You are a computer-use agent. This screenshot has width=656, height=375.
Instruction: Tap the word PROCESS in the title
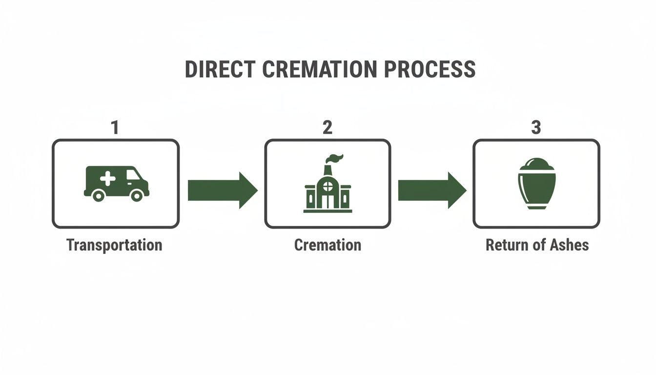(x=430, y=69)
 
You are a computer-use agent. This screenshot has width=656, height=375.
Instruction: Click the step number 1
(x=115, y=127)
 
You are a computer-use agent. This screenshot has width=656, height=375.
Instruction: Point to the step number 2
(x=328, y=127)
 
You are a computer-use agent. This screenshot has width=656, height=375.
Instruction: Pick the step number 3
(x=536, y=127)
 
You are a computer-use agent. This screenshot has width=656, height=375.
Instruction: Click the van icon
(x=116, y=184)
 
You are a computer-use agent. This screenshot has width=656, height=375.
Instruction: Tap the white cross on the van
(x=108, y=178)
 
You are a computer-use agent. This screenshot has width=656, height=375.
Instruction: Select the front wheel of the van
(x=137, y=195)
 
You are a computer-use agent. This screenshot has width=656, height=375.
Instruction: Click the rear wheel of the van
(x=98, y=195)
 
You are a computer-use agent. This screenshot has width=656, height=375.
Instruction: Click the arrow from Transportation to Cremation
(x=222, y=190)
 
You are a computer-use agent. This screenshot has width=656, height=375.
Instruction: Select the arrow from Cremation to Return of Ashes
(x=432, y=190)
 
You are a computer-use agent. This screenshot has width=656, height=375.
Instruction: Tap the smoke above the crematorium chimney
(x=335, y=158)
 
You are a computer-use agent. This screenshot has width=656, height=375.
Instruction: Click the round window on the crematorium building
(x=328, y=186)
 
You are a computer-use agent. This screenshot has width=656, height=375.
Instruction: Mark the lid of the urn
(x=536, y=164)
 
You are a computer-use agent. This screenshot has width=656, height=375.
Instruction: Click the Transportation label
(x=114, y=245)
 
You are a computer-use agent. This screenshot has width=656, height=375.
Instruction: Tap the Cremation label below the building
(x=328, y=245)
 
